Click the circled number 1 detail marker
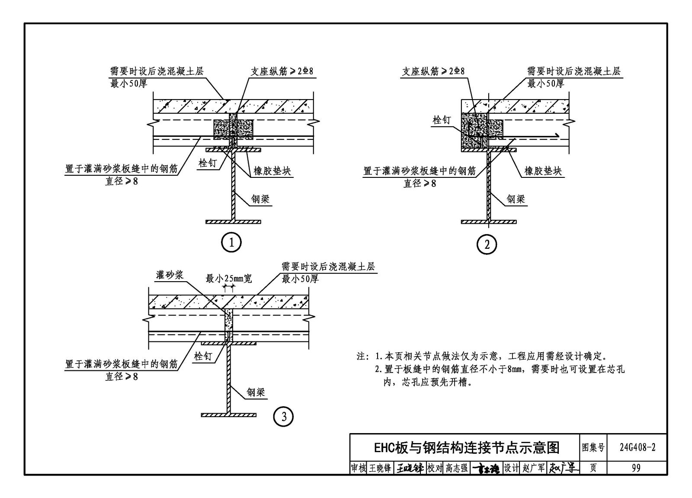tap(231, 242)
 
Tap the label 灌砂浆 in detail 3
tap(170, 275)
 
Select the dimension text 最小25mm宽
tap(229, 279)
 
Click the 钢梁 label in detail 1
tap(260, 199)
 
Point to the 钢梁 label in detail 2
tap(516, 199)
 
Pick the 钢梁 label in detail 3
tap(256, 392)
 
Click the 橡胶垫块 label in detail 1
tap(272, 171)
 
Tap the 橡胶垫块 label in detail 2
tap(543, 171)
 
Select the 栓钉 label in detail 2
tap(442, 120)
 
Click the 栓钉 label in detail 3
tap(203, 357)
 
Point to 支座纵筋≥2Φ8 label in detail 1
tap(282, 71)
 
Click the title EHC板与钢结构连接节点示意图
tap(467, 448)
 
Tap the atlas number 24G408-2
tap(638, 447)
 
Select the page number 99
tap(636, 468)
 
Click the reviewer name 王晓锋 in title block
tap(380, 468)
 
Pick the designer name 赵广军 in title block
tap(534, 468)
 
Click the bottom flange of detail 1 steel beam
tap(233, 222)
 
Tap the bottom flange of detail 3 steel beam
tap(229, 415)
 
